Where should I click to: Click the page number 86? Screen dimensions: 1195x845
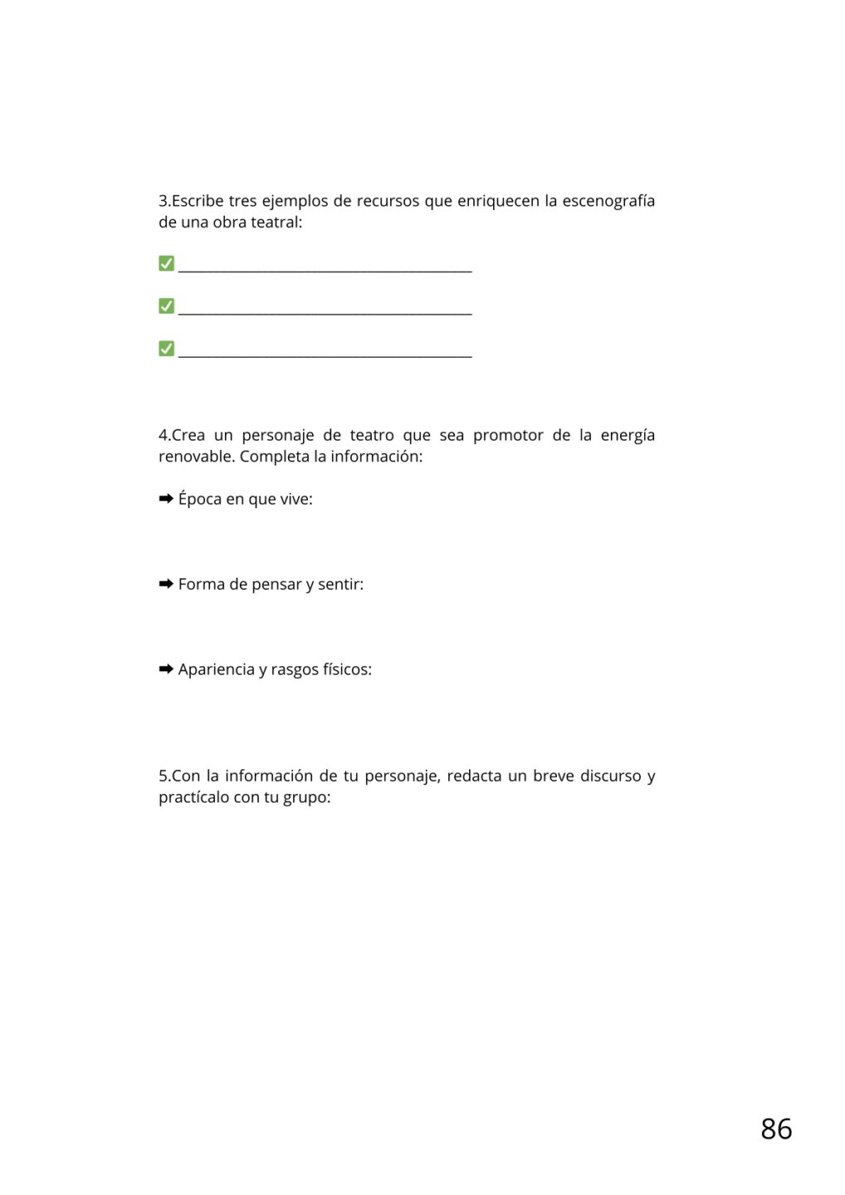point(776,1129)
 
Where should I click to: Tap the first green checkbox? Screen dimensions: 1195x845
point(166,263)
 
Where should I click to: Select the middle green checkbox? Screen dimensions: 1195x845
point(166,305)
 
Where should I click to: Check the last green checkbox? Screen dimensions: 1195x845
point(166,348)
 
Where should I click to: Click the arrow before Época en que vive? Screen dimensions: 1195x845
point(166,499)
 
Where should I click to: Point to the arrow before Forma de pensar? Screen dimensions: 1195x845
point(166,584)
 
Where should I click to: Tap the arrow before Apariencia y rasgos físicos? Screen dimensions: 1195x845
point(166,669)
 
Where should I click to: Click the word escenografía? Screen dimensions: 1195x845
point(608,201)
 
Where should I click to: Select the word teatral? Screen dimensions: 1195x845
point(276,222)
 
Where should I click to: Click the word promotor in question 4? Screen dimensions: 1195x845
point(508,436)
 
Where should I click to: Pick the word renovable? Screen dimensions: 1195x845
point(196,456)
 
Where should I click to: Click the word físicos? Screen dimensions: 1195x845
point(347,670)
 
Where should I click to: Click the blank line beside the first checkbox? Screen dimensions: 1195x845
point(325,267)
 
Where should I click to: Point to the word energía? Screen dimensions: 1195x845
point(628,437)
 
